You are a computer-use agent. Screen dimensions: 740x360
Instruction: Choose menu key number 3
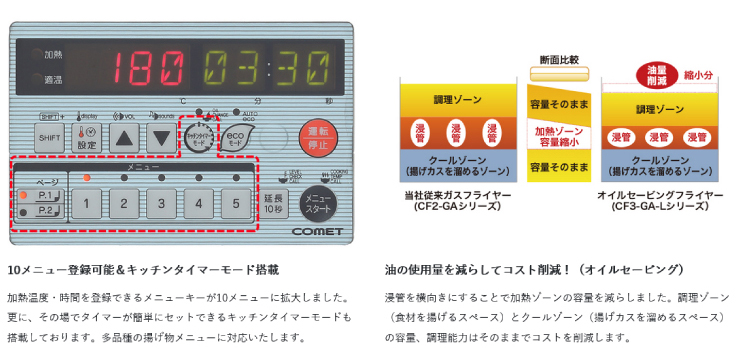point(160,205)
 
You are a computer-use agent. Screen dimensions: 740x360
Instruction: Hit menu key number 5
point(235,205)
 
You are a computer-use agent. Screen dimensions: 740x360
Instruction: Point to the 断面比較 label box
point(558,59)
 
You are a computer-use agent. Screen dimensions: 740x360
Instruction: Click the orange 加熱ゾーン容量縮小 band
point(558,136)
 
